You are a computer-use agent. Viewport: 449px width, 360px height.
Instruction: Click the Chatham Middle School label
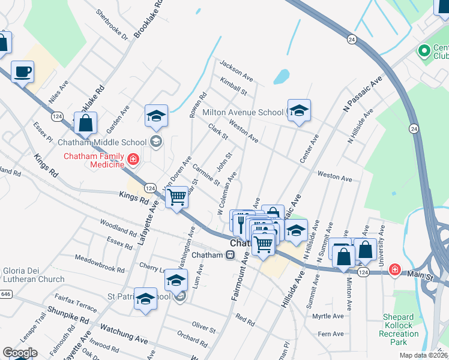coord(102,142)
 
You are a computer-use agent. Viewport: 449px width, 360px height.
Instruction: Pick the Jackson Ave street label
coord(236,71)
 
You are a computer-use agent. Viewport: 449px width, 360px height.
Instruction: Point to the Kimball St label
coord(234,86)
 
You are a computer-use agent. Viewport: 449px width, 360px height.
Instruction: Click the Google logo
coord(20,353)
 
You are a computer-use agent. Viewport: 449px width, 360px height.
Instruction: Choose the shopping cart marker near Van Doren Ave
coord(176,196)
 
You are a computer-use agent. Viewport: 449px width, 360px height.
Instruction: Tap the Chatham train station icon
coord(230,255)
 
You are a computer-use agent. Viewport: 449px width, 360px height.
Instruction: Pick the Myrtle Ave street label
coord(328,316)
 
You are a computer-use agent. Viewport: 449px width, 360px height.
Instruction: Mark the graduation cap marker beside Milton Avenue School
coord(299,110)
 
